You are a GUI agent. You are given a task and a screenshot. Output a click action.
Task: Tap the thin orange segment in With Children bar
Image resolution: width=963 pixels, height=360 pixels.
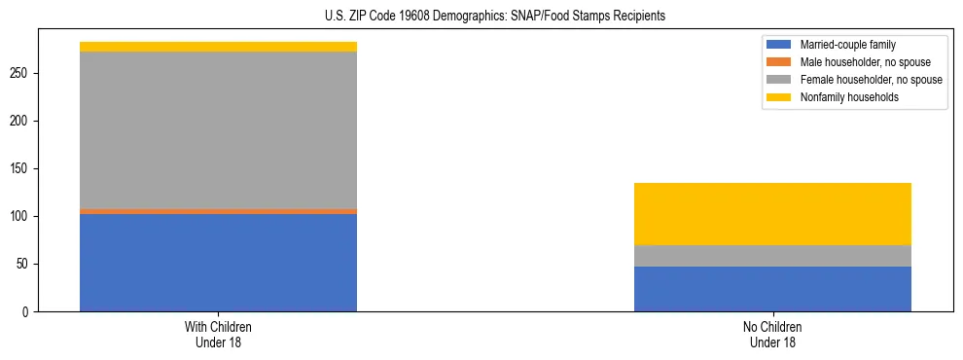point(218,211)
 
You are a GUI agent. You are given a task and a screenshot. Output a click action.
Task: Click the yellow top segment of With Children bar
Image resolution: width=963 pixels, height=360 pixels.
point(218,47)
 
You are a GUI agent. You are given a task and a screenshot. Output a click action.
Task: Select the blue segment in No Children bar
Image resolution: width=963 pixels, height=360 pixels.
point(772,289)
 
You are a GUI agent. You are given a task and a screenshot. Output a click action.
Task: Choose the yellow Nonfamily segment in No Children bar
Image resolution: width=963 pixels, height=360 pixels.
point(772,214)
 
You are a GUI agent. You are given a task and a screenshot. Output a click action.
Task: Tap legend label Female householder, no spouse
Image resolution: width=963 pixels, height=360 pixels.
point(871,80)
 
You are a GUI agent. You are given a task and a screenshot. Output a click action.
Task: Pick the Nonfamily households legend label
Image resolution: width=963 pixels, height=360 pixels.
point(848,97)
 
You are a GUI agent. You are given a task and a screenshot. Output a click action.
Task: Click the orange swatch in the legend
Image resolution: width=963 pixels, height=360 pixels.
point(780,62)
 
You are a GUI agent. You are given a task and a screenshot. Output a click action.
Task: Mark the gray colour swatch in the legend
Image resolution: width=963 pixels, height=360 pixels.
point(780,80)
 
